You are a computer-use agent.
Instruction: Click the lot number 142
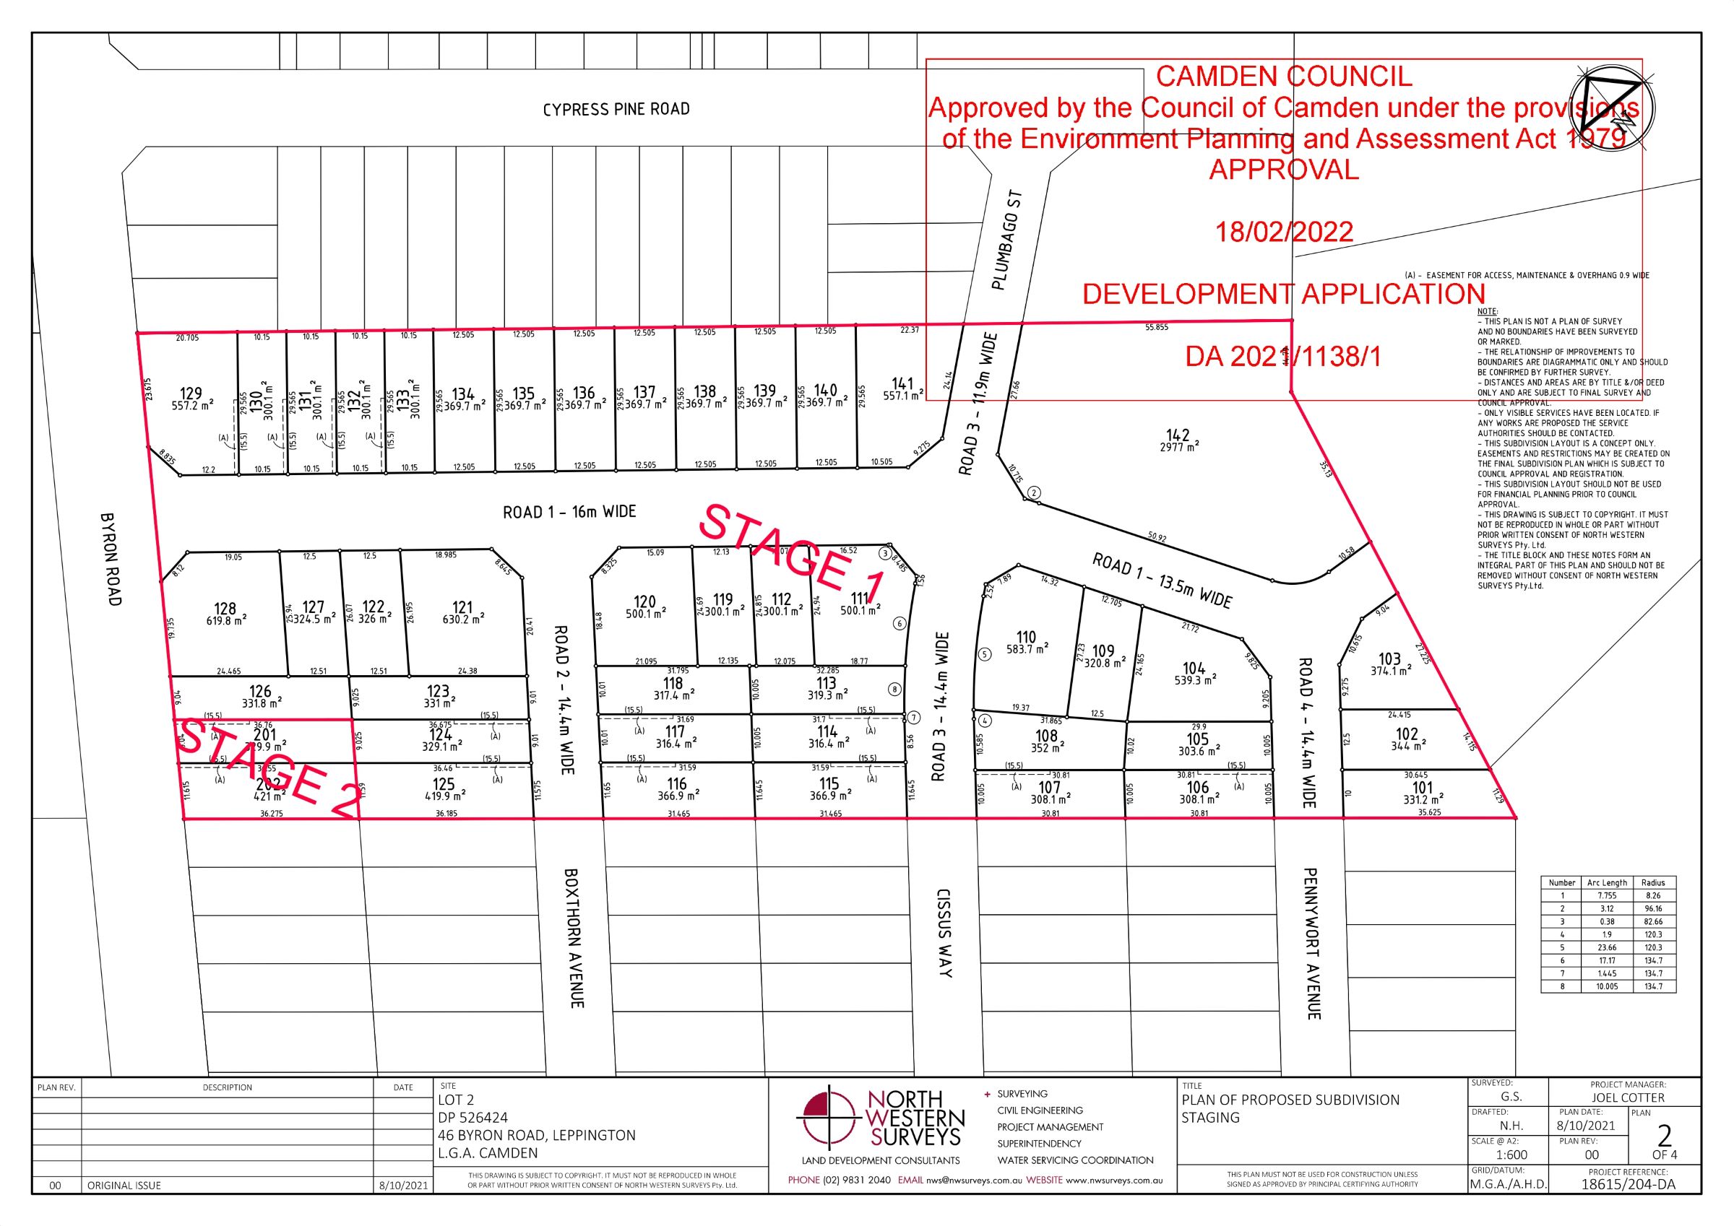1178,435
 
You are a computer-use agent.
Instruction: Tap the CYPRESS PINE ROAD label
616,110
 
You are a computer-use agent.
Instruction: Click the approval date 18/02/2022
1284,232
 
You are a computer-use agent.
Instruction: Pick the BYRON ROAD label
111,560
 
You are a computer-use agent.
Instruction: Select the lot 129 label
191,394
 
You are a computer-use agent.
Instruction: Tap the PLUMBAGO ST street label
1007,240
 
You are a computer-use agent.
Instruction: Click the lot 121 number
462,607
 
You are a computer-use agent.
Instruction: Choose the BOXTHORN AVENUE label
574,938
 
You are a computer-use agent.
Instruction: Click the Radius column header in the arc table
1652,882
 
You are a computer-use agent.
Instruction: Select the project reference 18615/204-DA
1628,1184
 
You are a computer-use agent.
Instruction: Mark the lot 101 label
1422,788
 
